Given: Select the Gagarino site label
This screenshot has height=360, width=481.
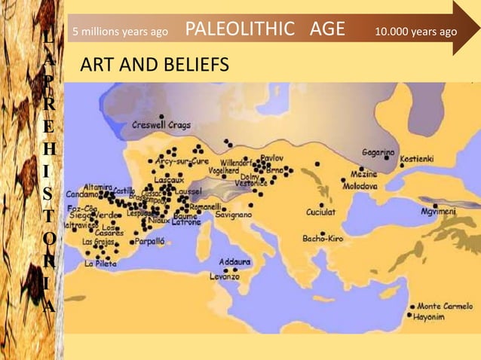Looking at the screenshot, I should pyautogui.click(x=379, y=153).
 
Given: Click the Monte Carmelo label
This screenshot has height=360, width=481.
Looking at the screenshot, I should pyautogui.click(x=446, y=307).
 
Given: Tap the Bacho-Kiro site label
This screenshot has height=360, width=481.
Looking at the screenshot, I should pyautogui.click(x=323, y=238).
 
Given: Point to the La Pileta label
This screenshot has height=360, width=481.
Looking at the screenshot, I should pyautogui.click(x=100, y=264).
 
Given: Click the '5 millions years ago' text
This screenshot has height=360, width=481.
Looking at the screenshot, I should pyautogui.click(x=120, y=32).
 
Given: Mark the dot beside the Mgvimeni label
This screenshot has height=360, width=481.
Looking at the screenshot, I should pyautogui.click(x=434, y=206).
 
